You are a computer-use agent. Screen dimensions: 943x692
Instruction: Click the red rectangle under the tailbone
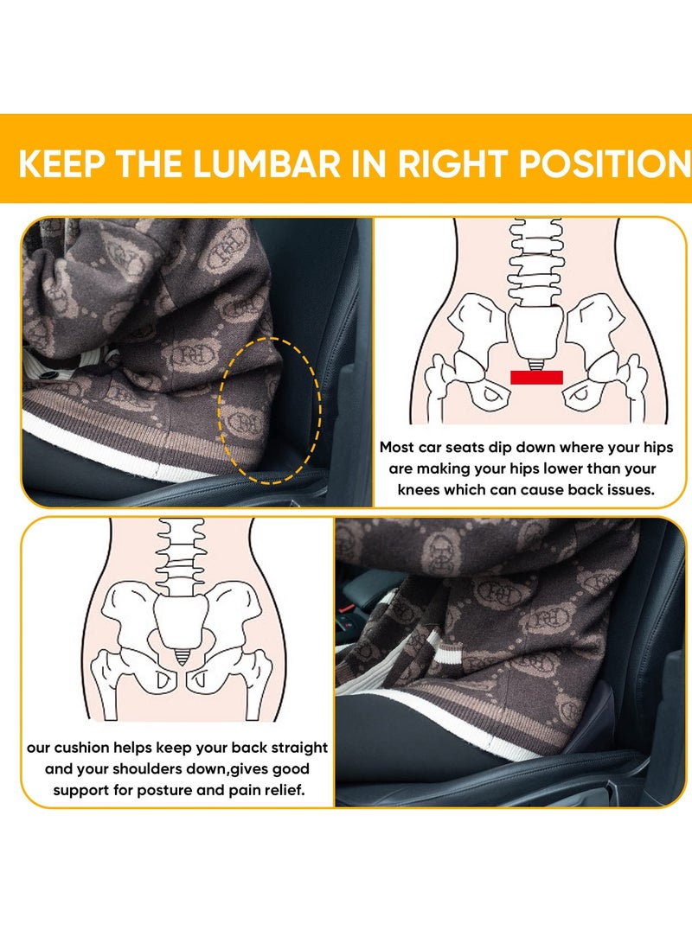tap(536, 377)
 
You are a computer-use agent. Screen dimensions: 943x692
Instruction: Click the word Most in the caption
tap(401, 448)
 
